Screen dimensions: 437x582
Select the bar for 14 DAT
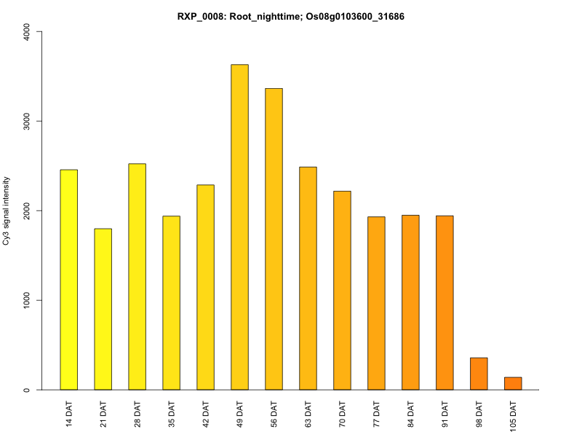point(68,280)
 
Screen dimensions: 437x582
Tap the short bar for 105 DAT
point(513,384)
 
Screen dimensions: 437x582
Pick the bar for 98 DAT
point(479,374)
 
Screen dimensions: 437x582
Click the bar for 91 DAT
point(445,303)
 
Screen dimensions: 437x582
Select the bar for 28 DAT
point(137,277)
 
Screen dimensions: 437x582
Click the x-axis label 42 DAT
point(206,413)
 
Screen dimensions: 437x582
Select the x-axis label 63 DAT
point(308,413)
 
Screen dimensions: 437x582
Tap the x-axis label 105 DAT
point(514,415)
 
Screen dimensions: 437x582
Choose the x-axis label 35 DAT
point(172,413)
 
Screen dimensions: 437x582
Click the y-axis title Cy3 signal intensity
point(7,210)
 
